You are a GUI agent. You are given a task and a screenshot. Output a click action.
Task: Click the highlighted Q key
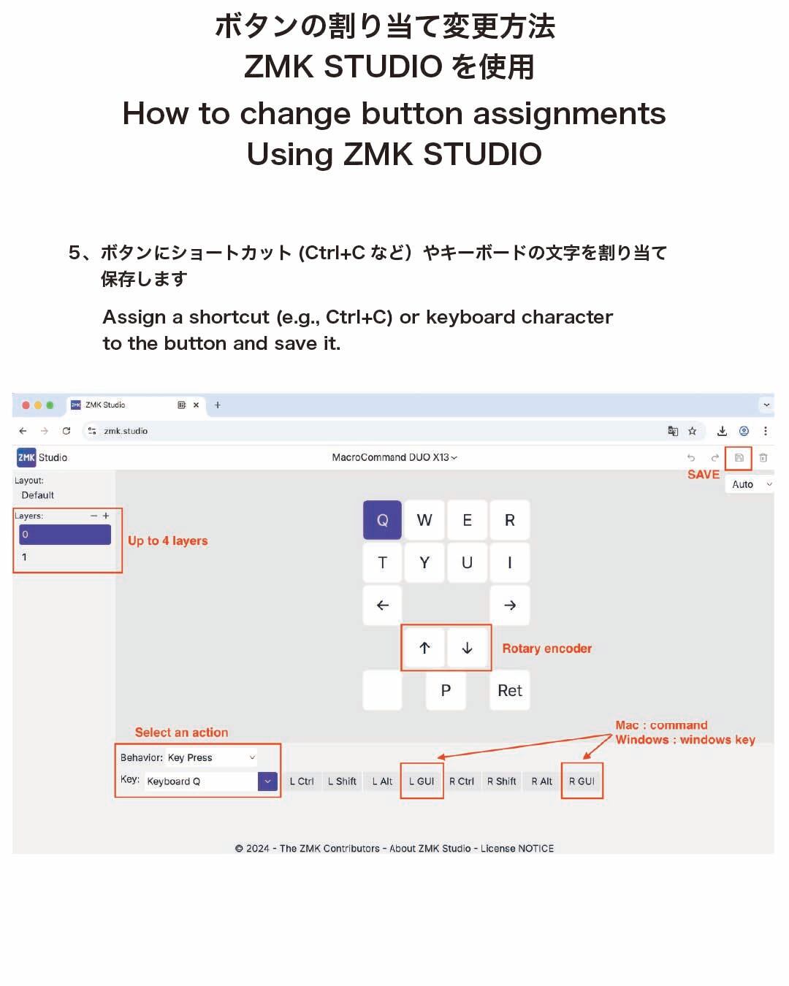click(382, 520)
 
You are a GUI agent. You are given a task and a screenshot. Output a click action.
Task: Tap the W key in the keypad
click(424, 520)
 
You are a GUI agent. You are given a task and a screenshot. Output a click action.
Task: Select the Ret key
click(509, 690)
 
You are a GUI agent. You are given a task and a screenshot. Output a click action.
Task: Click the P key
click(446, 690)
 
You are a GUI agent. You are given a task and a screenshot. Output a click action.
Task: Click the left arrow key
click(382, 605)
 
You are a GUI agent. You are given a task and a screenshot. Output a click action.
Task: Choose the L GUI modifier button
click(422, 781)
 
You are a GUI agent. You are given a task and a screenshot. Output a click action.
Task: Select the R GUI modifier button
click(582, 781)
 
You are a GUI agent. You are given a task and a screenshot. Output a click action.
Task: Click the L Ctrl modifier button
click(302, 781)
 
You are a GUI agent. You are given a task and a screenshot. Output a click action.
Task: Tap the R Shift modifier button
click(502, 781)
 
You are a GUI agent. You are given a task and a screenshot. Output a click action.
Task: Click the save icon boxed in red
click(739, 458)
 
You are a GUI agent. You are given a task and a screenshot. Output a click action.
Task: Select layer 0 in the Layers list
click(65, 535)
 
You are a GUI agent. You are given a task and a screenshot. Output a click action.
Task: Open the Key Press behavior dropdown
click(212, 757)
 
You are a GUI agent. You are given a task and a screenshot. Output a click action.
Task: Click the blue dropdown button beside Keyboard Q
click(267, 781)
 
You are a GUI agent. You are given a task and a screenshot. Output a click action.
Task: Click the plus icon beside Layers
click(106, 516)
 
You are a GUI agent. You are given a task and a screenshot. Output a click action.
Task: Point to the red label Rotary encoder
click(547, 649)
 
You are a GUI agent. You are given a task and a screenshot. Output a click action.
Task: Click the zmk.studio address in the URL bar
click(126, 431)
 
